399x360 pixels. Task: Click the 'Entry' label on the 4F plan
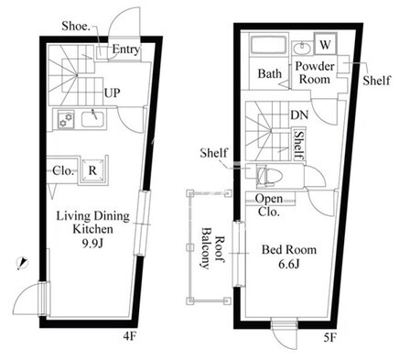tap(126, 49)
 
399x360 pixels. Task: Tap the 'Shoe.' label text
tap(76, 27)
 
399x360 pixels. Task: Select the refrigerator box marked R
tap(92, 170)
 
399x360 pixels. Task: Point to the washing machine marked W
tap(325, 45)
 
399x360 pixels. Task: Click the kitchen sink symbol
tap(93, 119)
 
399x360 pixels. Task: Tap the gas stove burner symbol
tap(66, 120)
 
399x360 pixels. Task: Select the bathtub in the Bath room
tap(268, 45)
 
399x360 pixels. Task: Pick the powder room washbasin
tap(302, 49)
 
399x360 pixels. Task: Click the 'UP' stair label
tap(113, 93)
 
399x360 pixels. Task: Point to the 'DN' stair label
tap(299, 115)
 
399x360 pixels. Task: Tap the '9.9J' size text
tap(92, 243)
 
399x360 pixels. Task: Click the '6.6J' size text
tap(289, 264)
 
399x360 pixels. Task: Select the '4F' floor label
tap(130, 336)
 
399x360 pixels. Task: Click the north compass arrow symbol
tap(22, 264)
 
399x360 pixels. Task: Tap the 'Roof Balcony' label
tap(211, 248)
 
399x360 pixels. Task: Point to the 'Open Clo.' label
tap(269, 205)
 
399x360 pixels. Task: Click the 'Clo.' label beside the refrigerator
tap(63, 170)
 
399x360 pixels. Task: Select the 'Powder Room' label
tap(315, 72)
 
